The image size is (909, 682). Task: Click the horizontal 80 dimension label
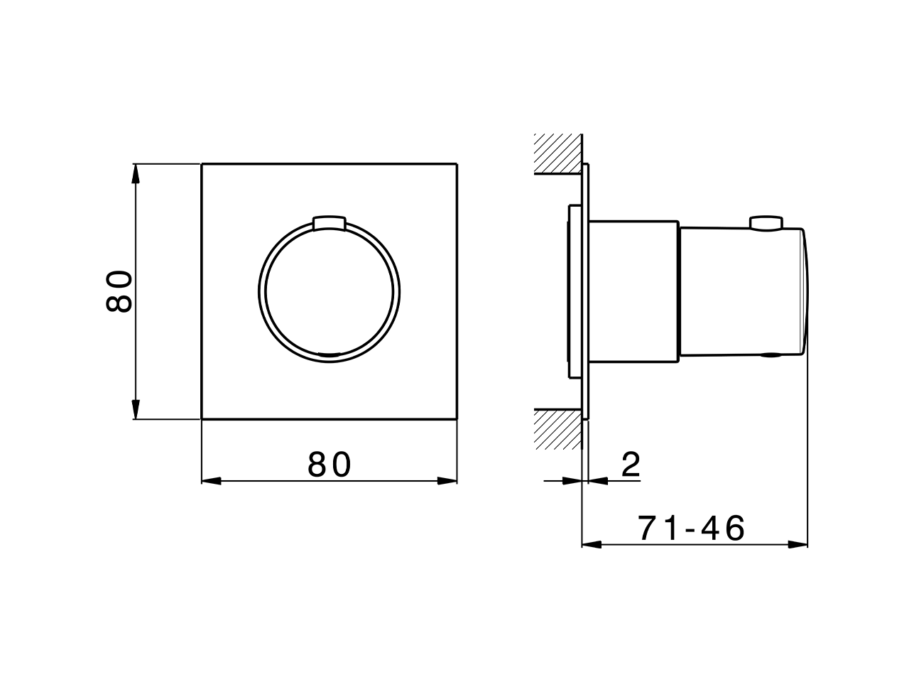pyautogui.click(x=330, y=465)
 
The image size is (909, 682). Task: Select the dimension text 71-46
pyautogui.click(x=691, y=529)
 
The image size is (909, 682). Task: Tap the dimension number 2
pyautogui.click(x=631, y=465)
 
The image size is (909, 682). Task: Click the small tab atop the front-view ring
pyautogui.click(x=329, y=222)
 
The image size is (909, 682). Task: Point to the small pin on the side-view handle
pyautogui.click(x=766, y=224)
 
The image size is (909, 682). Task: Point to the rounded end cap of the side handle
pyautogui.click(x=805, y=291)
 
